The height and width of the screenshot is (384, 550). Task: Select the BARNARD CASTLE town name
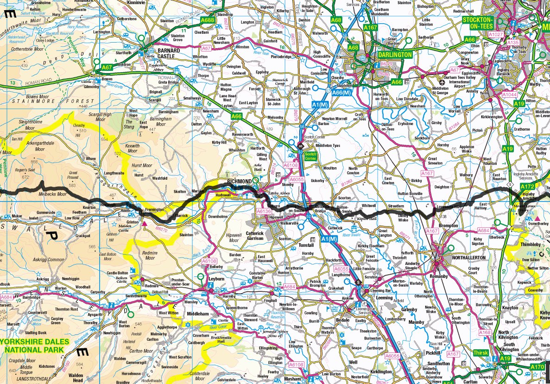click(x=166, y=53)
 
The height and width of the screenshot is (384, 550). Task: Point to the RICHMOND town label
click(x=239, y=181)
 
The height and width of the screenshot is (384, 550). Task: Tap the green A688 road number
click(x=208, y=20)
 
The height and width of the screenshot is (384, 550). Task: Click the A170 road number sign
click(x=537, y=367)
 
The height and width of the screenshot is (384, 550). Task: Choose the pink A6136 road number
click(x=264, y=211)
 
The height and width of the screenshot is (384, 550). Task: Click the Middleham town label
click(x=199, y=313)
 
